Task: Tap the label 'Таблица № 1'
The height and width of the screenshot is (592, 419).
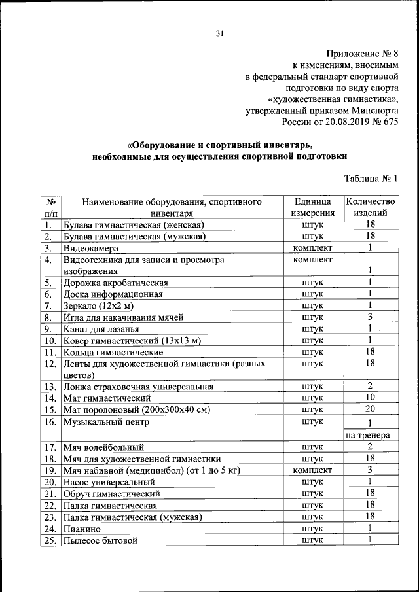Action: (x=371, y=178)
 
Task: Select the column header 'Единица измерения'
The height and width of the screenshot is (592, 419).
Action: (x=314, y=207)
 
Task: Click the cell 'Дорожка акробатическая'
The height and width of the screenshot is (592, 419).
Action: (x=116, y=283)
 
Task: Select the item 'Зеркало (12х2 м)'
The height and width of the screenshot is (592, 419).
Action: (x=98, y=305)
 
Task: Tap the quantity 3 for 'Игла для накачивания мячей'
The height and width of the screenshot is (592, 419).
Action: (x=370, y=317)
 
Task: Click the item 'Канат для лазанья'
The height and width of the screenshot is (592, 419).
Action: (x=100, y=329)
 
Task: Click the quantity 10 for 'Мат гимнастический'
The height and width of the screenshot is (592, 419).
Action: (x=370, y=397)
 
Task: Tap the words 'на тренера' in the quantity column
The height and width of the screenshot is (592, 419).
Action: (x=368, y=435)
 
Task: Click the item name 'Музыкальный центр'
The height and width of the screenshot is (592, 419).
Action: (x=105, y=422)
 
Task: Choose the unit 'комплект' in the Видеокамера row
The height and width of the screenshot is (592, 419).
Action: (x=314, y=248)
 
